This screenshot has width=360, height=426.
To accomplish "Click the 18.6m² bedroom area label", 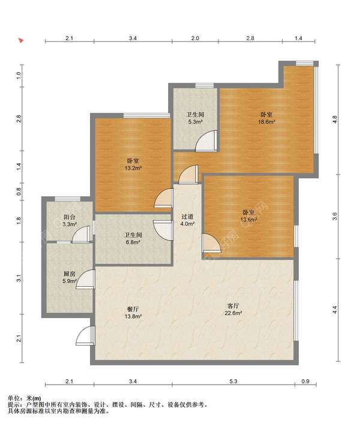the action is point(266,118).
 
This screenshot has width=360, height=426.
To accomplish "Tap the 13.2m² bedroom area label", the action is point(133,164).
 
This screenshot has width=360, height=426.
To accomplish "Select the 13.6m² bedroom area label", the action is point(248,216).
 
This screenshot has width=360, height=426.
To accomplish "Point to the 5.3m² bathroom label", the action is point(195,118).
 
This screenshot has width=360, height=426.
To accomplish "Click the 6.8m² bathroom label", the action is point(133,238).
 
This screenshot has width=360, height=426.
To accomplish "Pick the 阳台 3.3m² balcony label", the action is point(69,220).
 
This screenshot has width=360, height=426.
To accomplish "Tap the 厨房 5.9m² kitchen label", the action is point(69,277).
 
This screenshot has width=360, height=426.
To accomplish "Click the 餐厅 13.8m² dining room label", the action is point(133,313).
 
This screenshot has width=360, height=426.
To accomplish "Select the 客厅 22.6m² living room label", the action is point(233,310).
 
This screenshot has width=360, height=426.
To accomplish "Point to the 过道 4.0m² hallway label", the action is point(187,220).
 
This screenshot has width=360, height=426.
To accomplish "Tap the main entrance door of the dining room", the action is point(86,335).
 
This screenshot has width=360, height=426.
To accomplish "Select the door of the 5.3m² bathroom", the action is point(206,141).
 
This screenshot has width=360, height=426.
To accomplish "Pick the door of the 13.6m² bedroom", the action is point(211,243).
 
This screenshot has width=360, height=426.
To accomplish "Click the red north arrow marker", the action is point(21,40).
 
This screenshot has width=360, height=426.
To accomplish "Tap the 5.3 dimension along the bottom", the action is point(233,381).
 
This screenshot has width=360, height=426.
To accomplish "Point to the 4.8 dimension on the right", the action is point(335,120).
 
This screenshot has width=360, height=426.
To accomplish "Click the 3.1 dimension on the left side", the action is point(19,278).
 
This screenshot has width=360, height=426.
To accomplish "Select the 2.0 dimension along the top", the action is point(195,38).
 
